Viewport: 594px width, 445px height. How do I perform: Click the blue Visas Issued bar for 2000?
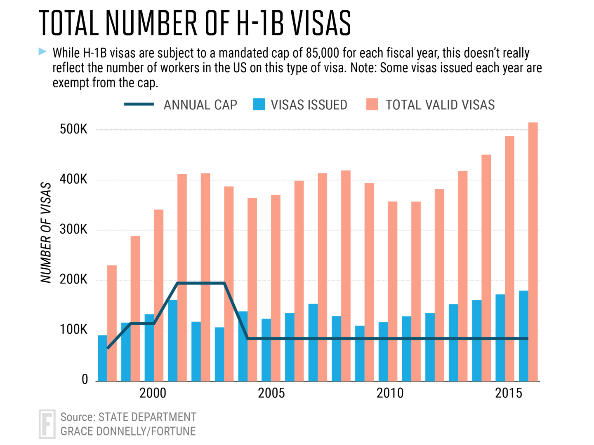point(149,348)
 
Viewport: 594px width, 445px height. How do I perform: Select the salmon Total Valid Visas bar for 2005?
point(276,288)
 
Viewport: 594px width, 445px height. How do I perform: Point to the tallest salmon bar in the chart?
point(533,252)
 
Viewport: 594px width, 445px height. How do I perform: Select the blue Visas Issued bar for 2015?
point(500,337)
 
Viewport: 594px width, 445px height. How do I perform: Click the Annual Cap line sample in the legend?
point(139,105)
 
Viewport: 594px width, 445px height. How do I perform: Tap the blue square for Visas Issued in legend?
point(259,104)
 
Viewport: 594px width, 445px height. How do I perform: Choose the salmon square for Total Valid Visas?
point(372,104)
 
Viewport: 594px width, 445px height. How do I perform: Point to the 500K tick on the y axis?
point(73,129)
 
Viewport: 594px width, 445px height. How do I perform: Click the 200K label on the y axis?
point(73,280)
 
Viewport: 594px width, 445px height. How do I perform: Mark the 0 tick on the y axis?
point(85,379)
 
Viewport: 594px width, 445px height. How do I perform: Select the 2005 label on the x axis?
point(271,393)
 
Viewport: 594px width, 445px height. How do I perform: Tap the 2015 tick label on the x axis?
point(508,393)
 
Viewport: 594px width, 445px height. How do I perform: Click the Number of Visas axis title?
point(46,232)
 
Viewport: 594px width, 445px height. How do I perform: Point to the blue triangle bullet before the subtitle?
point(42,52)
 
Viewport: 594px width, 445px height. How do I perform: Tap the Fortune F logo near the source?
point(47,424)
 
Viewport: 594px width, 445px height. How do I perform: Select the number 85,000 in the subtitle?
point(323,53)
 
